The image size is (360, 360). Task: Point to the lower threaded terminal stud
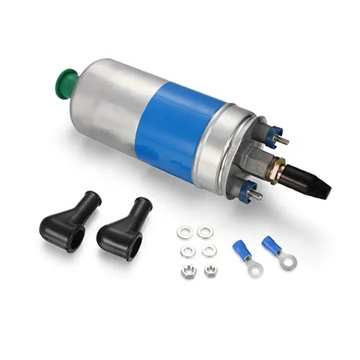click(257, 194)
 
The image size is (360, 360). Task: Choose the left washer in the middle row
click(186, 251)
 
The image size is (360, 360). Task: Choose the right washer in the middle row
click(209, 251)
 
